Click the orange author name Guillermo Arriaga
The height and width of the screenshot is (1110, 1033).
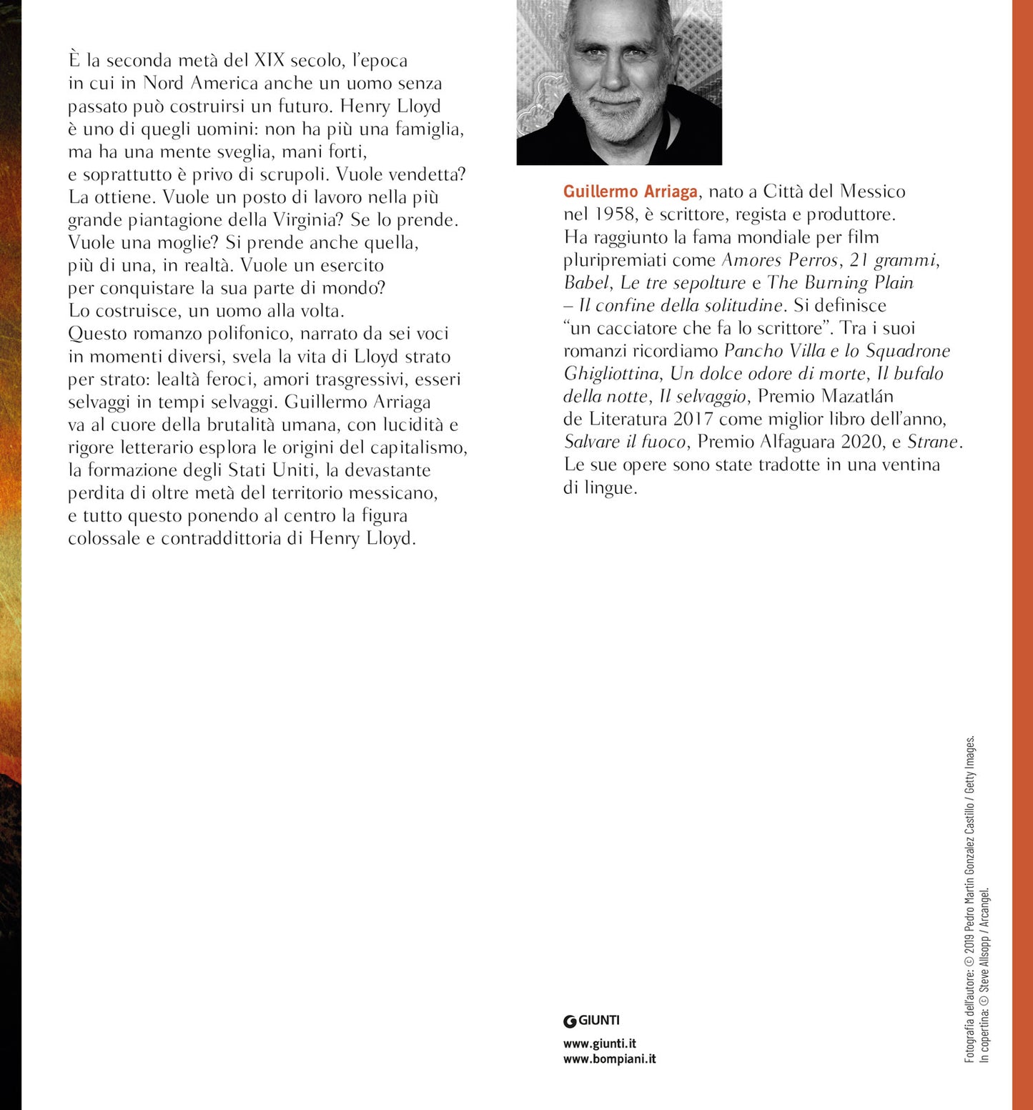[630, 192]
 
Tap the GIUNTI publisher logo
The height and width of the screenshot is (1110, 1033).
[591, 1021]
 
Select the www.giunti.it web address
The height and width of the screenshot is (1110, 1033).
[599, 1044]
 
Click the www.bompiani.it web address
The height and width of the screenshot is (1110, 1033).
[609, 1059]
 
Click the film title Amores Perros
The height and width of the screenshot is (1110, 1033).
[779, 260]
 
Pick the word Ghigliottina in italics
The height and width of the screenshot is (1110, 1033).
[611, 374]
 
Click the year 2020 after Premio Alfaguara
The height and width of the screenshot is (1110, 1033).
[861, 442]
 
